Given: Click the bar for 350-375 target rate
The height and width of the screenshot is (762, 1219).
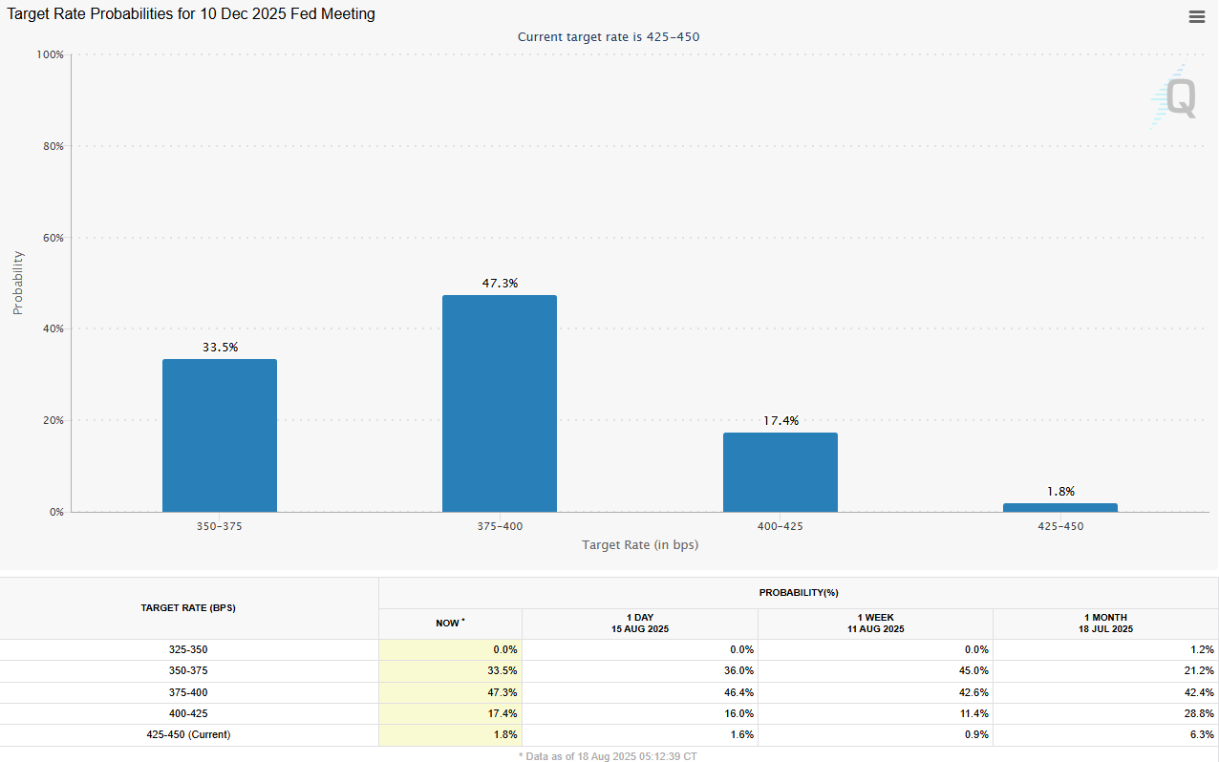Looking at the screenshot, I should [x=220, y=435].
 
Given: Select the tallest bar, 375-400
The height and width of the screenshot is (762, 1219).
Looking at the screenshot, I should [x=499, y=403].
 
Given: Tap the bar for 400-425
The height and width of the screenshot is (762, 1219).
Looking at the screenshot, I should [x=780, y=472].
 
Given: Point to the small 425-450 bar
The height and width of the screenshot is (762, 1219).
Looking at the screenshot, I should [x=1059, y=507].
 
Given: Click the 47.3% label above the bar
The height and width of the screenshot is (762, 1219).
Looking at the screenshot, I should [x=500, y=284].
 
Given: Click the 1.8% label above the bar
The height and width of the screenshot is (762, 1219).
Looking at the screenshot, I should [x=1060, y=492].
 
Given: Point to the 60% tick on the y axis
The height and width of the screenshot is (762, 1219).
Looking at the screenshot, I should [x=51, y=238].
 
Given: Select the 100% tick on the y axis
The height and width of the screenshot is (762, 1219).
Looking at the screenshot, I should [x=49, y=55].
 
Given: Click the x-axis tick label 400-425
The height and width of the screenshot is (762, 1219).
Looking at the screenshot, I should [x=780, y=526].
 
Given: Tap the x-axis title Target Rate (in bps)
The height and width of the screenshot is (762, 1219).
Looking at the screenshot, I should [x=639, y=544].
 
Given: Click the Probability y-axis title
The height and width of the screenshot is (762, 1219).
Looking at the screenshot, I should [x=17, y=283].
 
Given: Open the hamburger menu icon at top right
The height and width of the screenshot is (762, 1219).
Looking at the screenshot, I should [x=1196, y=16].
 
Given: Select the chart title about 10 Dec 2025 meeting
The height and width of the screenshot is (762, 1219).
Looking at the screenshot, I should [x=191, y=14].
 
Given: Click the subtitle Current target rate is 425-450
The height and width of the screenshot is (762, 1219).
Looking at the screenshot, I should [x=615, y=37].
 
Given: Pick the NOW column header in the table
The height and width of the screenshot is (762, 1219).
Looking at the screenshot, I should [x=449, y=623].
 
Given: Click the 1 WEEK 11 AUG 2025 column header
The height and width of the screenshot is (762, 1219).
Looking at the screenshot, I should [x=875, y=624].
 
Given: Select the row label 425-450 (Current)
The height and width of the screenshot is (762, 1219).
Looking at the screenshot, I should [x=188, y=734].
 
